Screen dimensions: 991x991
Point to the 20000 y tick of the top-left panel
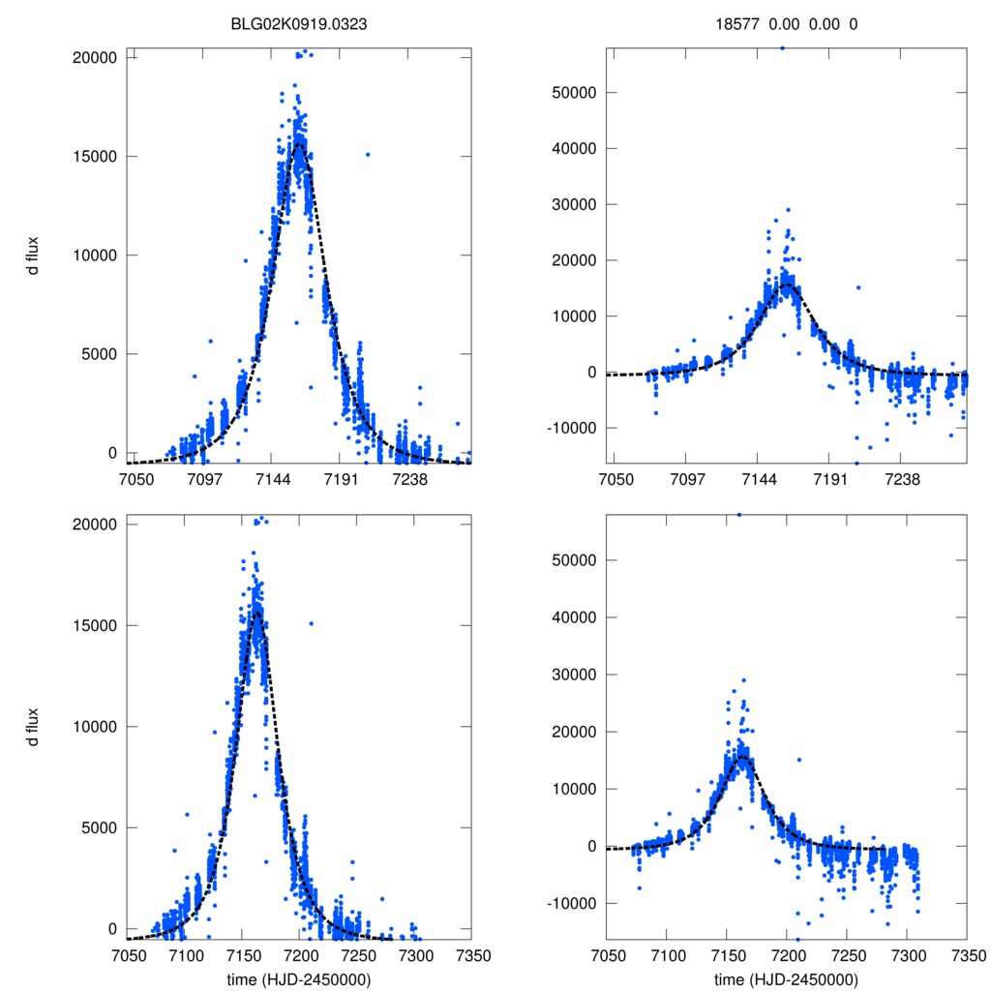tap(95, 57)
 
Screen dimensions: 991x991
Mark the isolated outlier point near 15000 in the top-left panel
tap(368, 154)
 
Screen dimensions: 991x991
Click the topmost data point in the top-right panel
tap(782, 47)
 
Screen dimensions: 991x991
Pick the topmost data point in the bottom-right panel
tap(739, 515)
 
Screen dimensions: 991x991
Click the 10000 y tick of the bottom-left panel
tap(95, 727)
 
